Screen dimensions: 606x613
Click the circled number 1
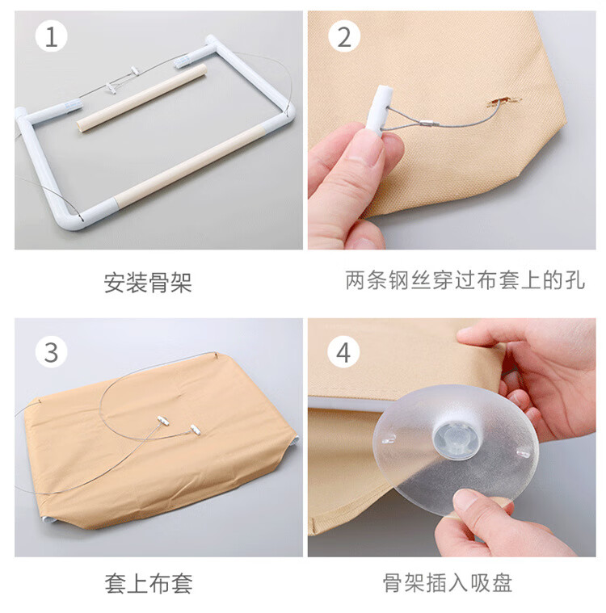coord(51,37)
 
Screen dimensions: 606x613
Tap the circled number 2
coord(344,37)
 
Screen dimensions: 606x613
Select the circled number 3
coord(51,352)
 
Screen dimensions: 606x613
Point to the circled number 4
coord(343,352)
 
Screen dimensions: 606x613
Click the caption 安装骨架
coord(148,282)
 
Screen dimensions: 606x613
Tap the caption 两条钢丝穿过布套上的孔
coord(465,280)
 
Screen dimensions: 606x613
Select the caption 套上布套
coord(149,583)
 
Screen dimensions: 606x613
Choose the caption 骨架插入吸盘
coord(447,583)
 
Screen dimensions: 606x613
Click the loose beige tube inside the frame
coord(141,98)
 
